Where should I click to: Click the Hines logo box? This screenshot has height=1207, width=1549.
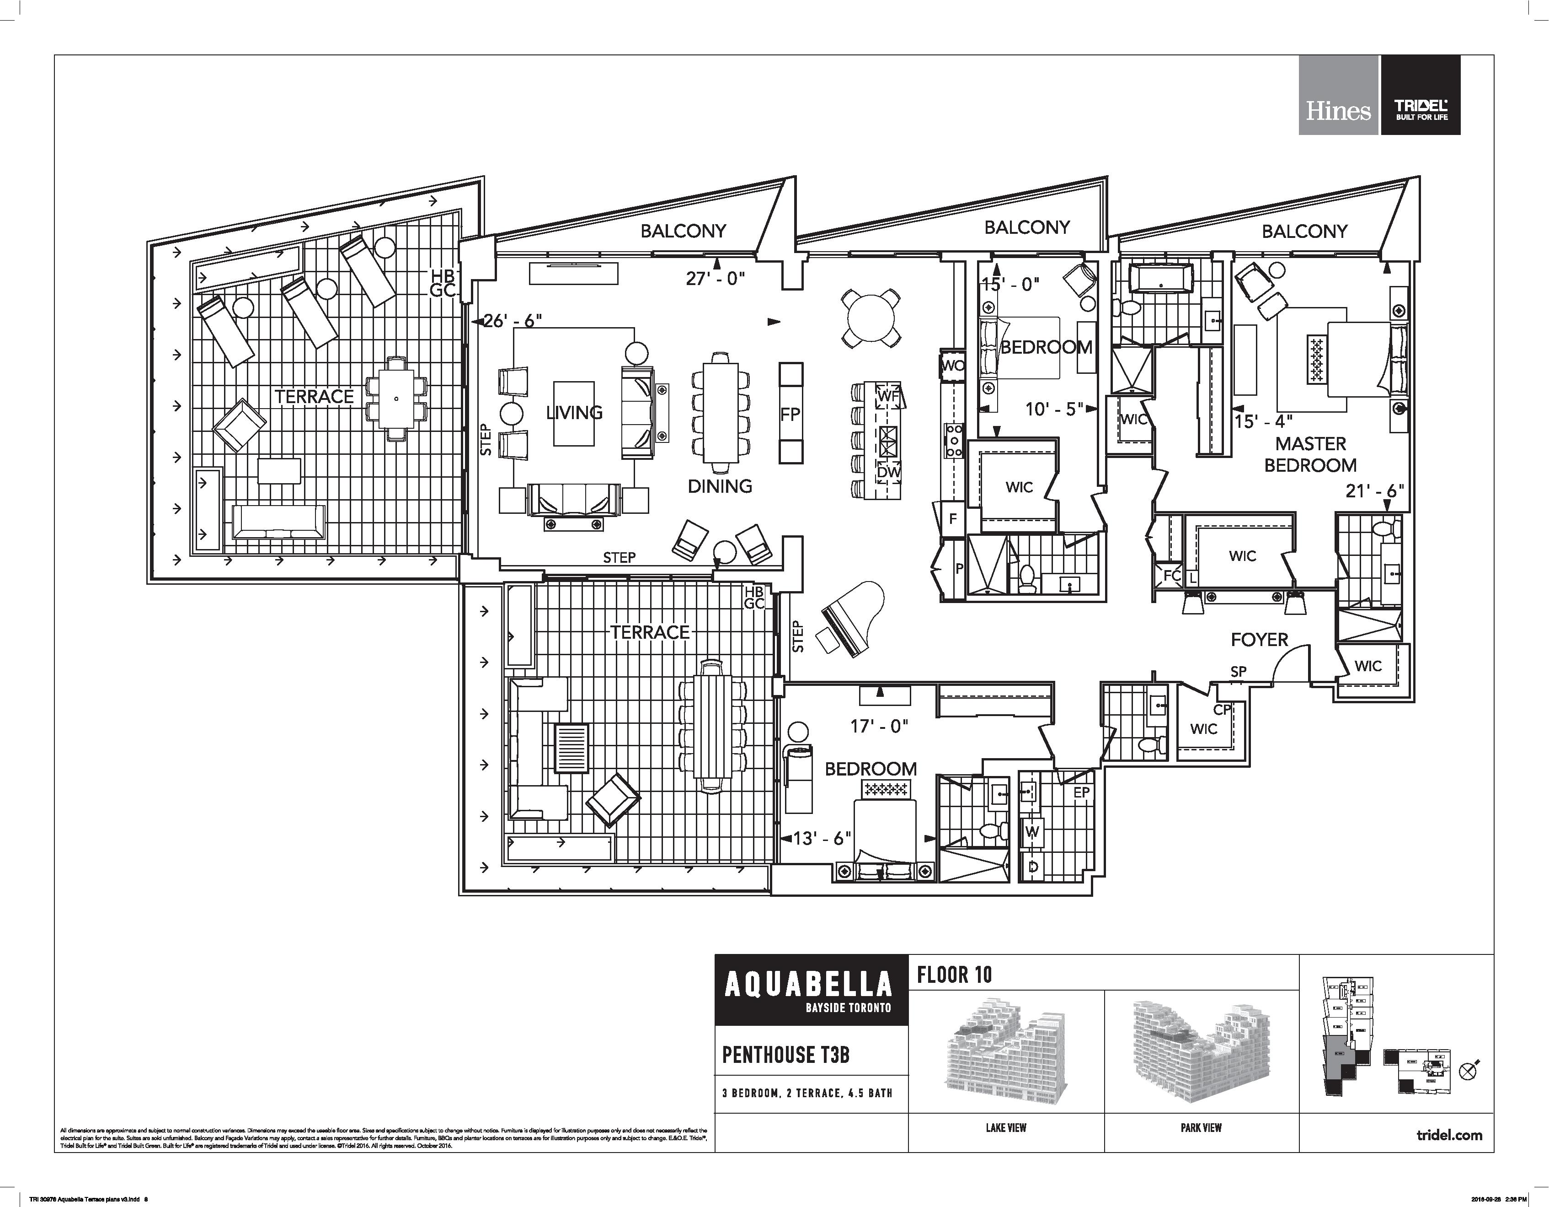coord(1338,95)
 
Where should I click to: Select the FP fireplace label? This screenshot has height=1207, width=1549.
coord(790,414)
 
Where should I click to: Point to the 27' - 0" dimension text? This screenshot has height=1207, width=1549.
coord(715,279)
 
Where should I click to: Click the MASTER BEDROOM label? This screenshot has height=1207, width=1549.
coord(1310,454)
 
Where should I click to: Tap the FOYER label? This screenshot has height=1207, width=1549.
coord(1259,639)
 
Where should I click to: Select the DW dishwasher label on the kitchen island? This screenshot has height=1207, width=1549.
coord(888,472)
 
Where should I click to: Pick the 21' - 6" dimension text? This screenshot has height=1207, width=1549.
coord(1374,491)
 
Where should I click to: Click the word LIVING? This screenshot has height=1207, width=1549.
coord(574,412)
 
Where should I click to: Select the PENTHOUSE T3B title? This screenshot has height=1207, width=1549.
coord(786,1055)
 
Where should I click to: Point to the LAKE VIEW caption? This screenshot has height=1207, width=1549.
coord(1006,1127)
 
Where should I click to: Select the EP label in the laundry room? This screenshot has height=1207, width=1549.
coord(1081,792)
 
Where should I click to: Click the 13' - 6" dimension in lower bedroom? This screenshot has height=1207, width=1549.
coord(821,838)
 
